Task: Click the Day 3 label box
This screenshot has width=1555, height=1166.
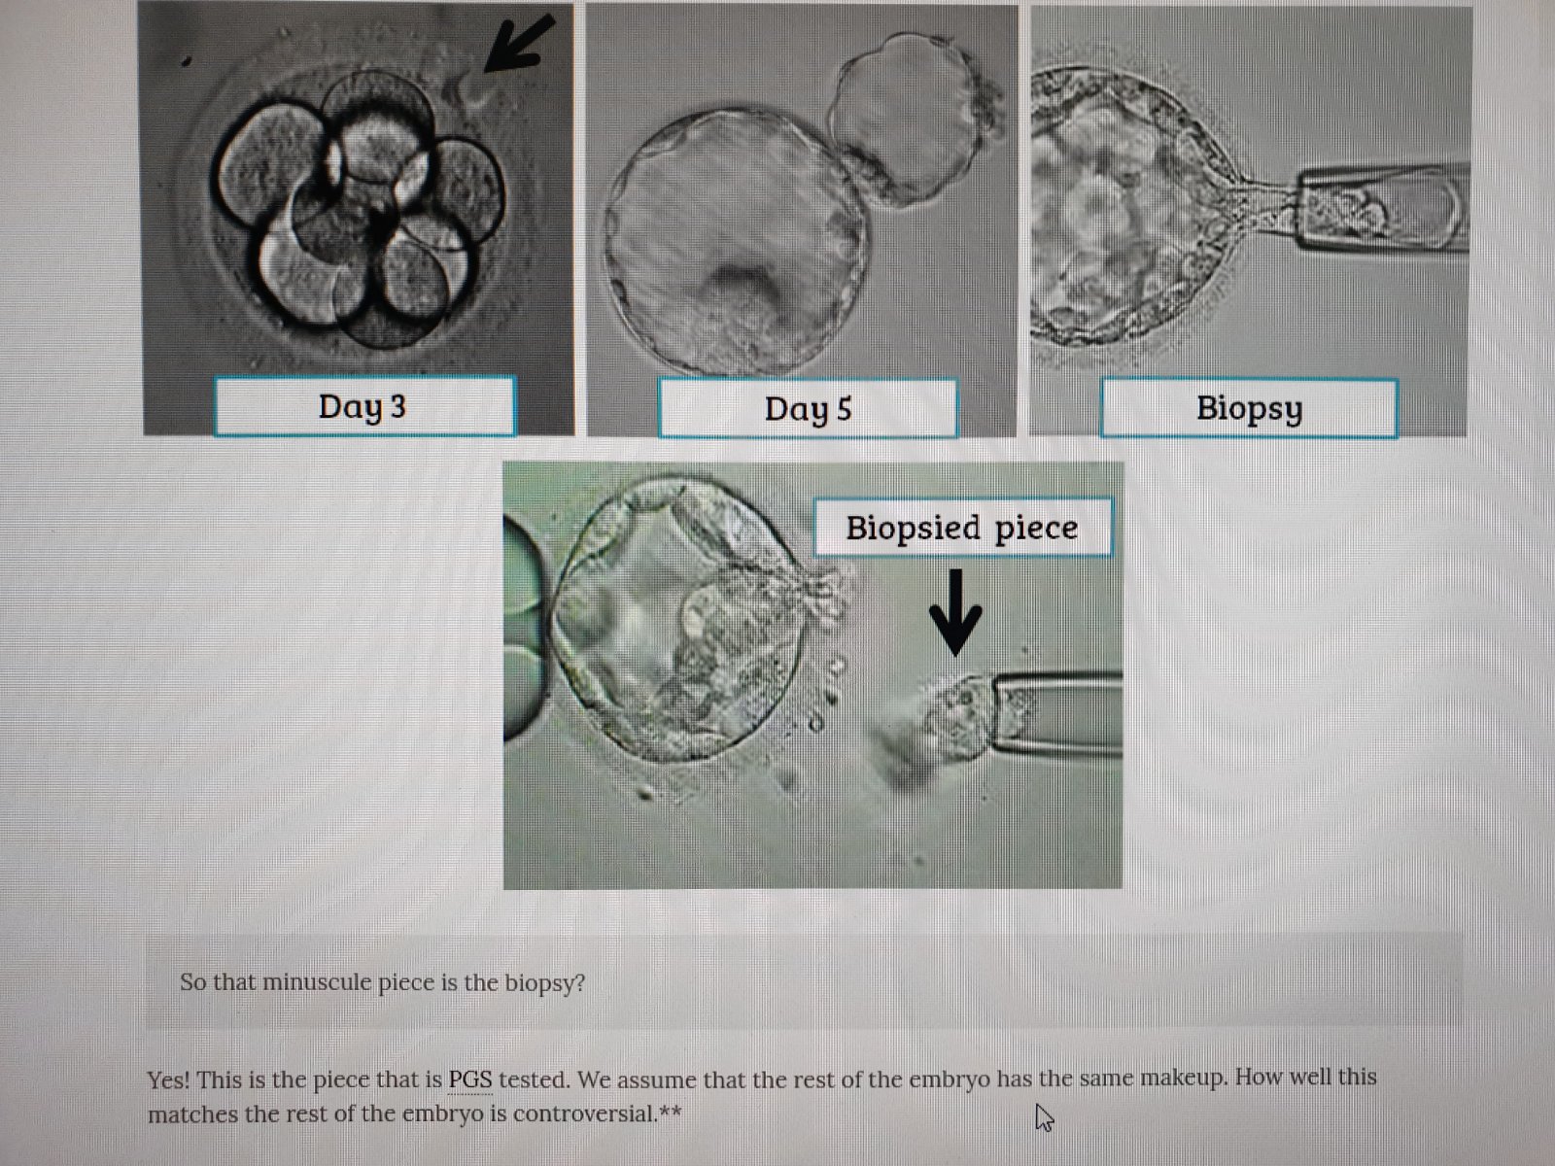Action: [364, 405]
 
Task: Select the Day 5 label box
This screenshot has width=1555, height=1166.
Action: [808, 408]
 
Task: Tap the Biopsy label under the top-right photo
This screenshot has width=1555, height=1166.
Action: [1249, 408]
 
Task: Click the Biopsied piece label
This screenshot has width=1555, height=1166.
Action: [963, 528]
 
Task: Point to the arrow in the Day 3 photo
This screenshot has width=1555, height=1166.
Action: [519, 45]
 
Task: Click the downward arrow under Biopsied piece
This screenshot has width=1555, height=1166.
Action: [955, 612]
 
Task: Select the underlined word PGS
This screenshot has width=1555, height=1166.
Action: [470, 1080]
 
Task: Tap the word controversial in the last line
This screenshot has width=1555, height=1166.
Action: [585, 1115]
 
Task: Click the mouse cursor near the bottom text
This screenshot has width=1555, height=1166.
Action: [1044, 1117]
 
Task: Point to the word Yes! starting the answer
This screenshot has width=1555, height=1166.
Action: [168, 1080]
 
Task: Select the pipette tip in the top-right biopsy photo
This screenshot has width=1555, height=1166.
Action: [1381, 207]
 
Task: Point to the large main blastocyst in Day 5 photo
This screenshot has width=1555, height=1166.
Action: [737, 241]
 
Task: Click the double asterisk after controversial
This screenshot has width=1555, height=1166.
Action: [671, 1112]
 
